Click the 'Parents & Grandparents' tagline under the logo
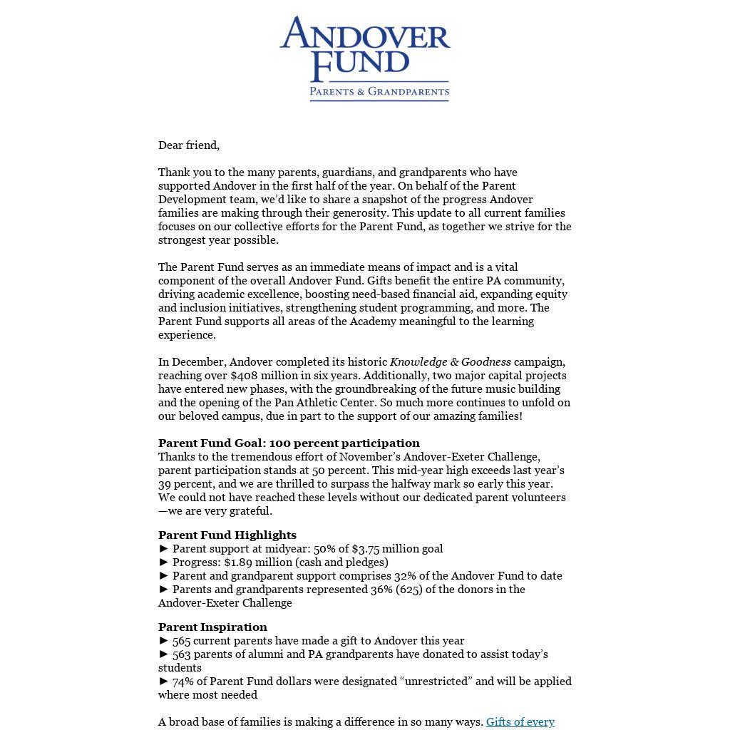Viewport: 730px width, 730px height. point(379,91)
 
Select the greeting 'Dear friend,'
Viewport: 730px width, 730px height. point(189,145)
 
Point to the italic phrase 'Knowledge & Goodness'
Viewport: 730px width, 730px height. point(450,362)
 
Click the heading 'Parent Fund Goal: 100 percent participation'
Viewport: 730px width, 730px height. point(289,443)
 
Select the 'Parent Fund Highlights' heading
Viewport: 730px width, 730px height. point(227,535)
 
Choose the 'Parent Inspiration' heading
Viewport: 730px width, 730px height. point(212,627)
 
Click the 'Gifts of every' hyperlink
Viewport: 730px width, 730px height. point(520,722)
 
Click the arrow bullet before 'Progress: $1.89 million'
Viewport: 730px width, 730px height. point(164,562)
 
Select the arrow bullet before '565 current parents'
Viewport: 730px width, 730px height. point(164,641)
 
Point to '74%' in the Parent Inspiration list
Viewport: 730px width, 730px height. point(183,682)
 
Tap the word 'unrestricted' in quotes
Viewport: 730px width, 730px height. point(438,682)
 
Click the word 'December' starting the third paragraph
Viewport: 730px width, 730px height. point(197,362)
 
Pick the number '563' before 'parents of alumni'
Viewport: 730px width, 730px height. point(182,654)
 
